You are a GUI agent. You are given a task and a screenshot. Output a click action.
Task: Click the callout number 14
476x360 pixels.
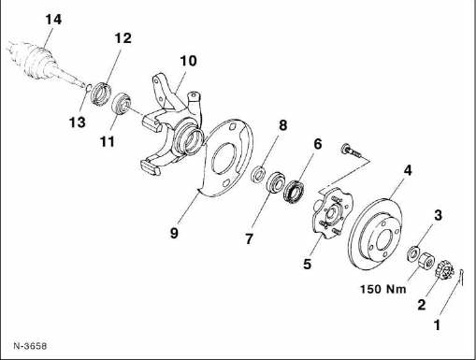pyautogui.click(x=53, y=20)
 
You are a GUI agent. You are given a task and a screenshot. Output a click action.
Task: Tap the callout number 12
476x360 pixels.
pyautogui.click(x=123, y=38)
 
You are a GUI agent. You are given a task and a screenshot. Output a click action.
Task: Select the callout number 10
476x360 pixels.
pyautogui.click(x=188, y=61)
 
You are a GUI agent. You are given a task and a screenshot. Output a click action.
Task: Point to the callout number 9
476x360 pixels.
pyautogui.click(x=174, y=233)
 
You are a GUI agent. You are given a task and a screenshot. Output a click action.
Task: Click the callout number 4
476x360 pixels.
pyautogui.click(x=408, y=170)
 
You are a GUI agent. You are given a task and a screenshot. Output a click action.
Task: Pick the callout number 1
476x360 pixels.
pyautogui.click(x=438, y=324)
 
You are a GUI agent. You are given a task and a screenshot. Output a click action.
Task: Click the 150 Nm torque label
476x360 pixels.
pyautogui.click(x=383, y=289)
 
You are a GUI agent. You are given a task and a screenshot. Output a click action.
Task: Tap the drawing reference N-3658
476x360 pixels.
pyautogui.click(x=30, y=346)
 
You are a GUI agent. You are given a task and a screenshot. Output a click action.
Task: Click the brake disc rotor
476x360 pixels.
pyautogui.click(x=375, y=235)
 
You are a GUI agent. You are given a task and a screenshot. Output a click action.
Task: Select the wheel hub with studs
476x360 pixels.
pyautogui.click(x=331, y=213)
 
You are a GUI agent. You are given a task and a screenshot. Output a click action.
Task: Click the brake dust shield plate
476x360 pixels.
pyautogui.click(x=226, y=158)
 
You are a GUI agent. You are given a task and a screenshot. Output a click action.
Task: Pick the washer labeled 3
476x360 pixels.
pyautogui.click(x=413, y=252)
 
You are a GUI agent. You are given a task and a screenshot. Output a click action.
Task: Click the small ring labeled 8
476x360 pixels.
pyautogui.click(x=258, y=174)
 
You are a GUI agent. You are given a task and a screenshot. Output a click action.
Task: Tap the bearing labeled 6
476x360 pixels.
pyautogui.click(x=295, y=191)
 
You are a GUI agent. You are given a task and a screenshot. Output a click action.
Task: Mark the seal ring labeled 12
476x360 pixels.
pyautogui.click(x=101, y=93)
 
